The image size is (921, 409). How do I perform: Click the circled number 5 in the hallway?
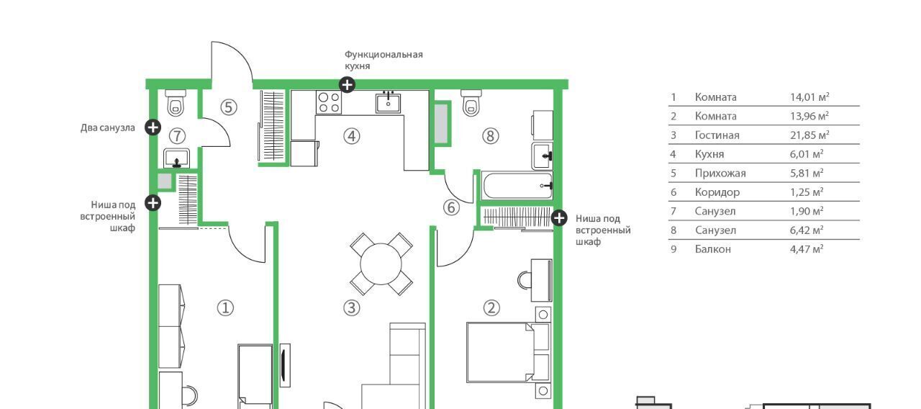coord(229,107)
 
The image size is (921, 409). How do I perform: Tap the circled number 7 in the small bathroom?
coord(177,136)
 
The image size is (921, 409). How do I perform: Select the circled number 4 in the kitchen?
coord(352,136)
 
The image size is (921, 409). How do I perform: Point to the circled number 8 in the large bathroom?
coord(491,136)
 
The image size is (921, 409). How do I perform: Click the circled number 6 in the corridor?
coord(451,207)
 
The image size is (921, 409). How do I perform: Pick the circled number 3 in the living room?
coord(352,307)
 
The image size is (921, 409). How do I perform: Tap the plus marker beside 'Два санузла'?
coord(153,127)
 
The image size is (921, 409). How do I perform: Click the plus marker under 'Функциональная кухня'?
coord(347,85)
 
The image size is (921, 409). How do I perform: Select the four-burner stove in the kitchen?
coord(329,102)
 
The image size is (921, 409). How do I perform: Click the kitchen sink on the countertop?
coord(388,102)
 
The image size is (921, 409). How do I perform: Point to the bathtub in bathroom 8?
coord(517,186)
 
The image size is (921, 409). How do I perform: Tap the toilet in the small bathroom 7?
coord(176,103)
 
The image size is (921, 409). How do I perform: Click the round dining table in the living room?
coord(381,264)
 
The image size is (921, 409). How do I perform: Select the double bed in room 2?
coord(508,353)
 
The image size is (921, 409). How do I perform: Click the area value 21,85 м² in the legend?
coord(809,135)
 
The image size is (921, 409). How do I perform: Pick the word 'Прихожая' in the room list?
coord(720,174)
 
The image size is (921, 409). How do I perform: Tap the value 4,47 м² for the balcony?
coord(807,249)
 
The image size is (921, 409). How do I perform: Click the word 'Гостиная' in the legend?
coord(717,135)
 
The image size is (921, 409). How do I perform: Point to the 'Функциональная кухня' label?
coord(384,60)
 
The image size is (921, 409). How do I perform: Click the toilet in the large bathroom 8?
coord(471,103)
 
